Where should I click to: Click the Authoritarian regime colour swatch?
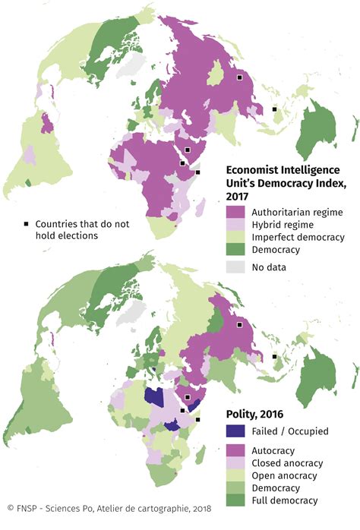[x=236, y=211]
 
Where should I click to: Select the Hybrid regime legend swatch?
[x=236, y=224]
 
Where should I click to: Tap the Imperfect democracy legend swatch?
[x=236, y=237]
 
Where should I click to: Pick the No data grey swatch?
[x=236, y=267]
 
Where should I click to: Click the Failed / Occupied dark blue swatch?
[x=236, y=431]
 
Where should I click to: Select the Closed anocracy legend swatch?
[x=236, y=462]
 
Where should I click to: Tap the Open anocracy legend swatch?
[x=236, y=475]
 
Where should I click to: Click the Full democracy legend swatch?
[x=236, y=500]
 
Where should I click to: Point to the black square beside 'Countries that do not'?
[x=26, y=224]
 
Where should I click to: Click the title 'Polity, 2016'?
[x=257, y=414]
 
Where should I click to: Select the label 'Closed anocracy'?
[x=289, y=462]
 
